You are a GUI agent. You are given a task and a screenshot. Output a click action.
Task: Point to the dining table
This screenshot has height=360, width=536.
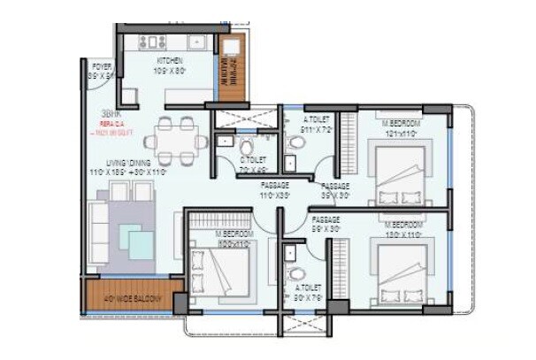176,138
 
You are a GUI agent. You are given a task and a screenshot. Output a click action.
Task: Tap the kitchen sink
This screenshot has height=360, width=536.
194,42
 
